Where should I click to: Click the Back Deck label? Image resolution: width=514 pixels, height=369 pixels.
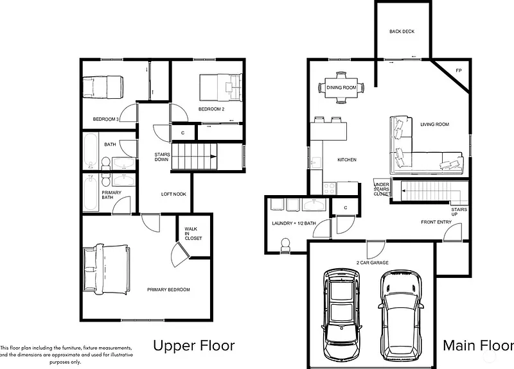tap(402, 31)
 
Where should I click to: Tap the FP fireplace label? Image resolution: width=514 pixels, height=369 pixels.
tap(459, 71)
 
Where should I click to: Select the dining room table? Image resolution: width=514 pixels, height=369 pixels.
tap(341, 87)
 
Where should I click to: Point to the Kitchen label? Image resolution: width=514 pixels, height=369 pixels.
tap(347, 160)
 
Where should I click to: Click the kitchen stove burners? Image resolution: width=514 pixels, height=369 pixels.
tap(329, 188)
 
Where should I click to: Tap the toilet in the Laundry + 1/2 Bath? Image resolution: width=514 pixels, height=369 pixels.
tap(285, 246)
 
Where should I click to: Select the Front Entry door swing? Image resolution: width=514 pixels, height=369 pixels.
tap(453, 232)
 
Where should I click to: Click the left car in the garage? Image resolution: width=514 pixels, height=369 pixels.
tap(342, 314)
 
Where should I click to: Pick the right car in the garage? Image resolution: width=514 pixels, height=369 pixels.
tap(400, 315)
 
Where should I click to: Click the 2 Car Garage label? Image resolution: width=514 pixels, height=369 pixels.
tap(373, 262)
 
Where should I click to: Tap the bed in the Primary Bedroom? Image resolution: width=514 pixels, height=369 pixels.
tap(106, 269)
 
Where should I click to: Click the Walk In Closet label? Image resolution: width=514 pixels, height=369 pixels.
tap(193, 234)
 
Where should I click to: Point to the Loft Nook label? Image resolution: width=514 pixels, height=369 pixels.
tap(173, 194)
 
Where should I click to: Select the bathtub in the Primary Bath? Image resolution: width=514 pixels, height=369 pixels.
tap(90, 193)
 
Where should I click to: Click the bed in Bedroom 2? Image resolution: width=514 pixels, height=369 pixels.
tap(221, 87)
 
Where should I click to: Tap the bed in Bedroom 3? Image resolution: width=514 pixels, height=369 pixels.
tap(103, 87)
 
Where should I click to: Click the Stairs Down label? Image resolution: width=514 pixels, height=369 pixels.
tap(163, 157)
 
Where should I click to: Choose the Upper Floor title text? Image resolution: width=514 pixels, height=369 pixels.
tap(194, 346)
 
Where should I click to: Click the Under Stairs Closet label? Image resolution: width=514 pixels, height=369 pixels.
tap(382, 189)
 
